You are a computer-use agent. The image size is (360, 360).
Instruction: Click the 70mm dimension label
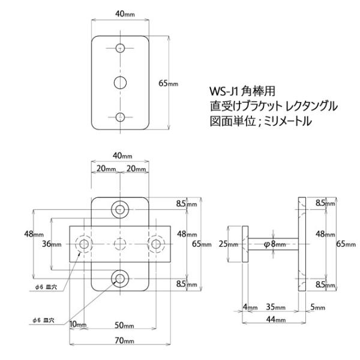(x=124, y=340)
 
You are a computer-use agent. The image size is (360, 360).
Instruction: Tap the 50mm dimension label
(x=124, y=325)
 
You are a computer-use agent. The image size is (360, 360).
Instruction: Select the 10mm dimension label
(x=78, y=324)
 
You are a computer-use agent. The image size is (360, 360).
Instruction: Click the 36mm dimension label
(x=52, y=244)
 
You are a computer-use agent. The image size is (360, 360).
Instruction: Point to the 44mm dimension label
(x=276, y=319)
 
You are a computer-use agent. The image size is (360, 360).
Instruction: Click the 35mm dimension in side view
(x=275, y=307)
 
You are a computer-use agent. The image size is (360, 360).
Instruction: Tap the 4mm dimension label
(x=250, y=307)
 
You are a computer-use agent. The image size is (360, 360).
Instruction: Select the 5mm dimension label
(x=318, y=307)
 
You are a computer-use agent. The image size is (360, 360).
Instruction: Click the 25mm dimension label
(x=228, y=244)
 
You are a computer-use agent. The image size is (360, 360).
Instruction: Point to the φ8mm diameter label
(x=275, y=244)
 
